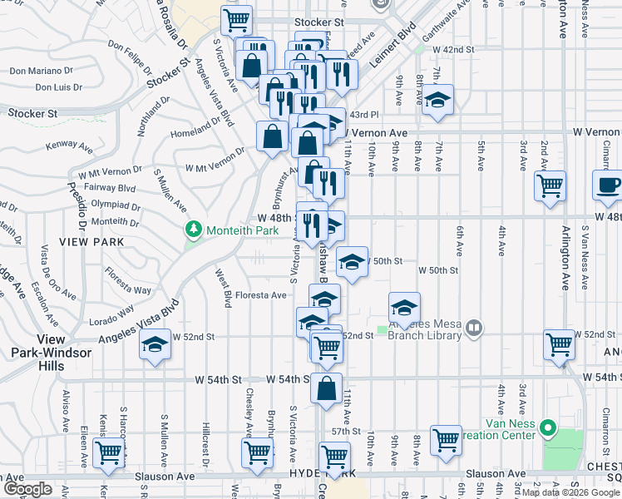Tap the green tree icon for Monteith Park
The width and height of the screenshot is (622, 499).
click(194, 228)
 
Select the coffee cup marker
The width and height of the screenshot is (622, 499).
click(607, 185)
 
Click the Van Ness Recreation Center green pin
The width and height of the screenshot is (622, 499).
click(547, 429)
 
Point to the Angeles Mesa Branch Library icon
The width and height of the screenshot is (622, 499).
click(473, 328)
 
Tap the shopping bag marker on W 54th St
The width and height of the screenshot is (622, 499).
click(328, 387)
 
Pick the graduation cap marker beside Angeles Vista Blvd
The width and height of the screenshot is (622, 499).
click(155, 344)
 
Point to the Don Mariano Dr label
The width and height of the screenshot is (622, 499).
click(42, 71)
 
